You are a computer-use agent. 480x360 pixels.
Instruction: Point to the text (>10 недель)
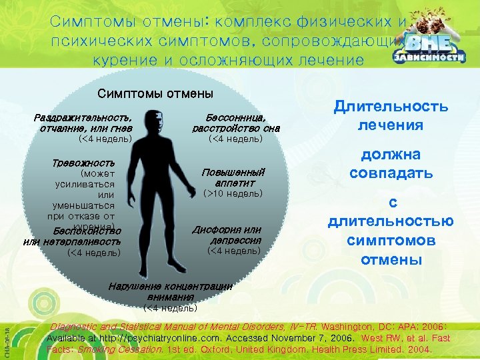[x=233, y=193]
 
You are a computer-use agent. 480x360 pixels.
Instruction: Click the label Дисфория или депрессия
[x=226, y=235]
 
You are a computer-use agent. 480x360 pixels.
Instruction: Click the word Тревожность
[x=83, y=163]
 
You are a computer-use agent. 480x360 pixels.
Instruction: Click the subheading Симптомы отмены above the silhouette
[x=155, y=95]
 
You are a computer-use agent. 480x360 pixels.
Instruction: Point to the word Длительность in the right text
[x=391, y=107]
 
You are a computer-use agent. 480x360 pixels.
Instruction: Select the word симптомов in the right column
[x=391, y=240]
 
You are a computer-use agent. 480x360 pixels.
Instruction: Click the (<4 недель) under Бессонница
[x=235, y=139]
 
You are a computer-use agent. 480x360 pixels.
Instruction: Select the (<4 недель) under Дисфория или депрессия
[x=235, y=251]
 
